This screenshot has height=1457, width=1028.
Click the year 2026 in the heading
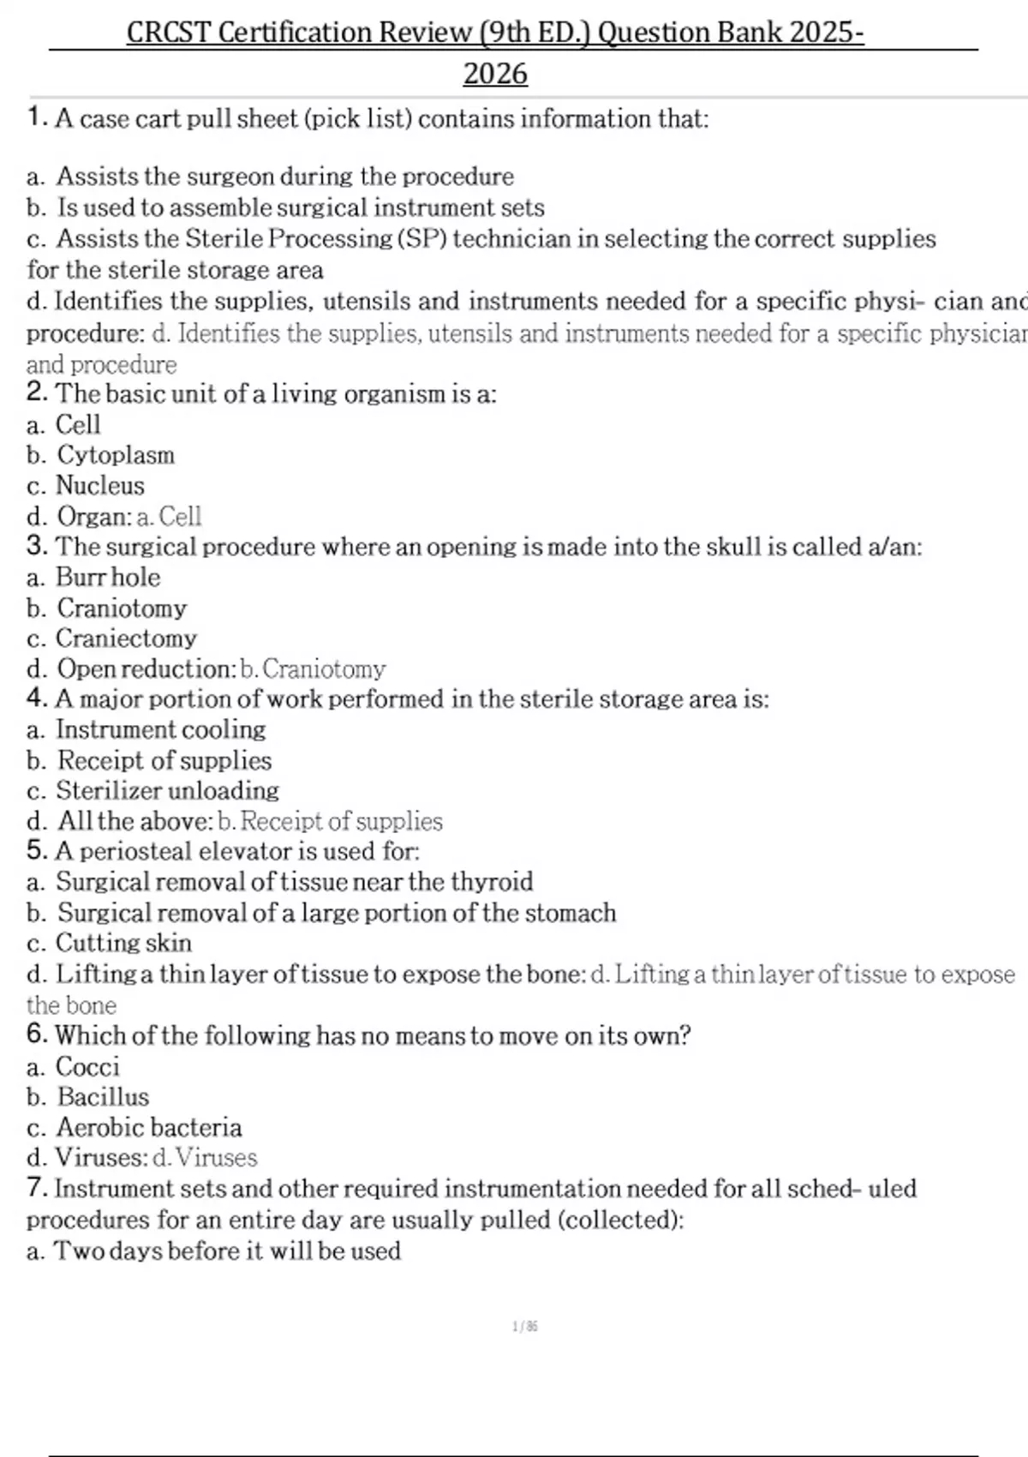(x=495, y=74)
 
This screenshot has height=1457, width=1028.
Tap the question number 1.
(x=36, y=117)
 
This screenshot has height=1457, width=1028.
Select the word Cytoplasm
(x=116, y=455)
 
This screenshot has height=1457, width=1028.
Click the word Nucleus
(x=100, y=485)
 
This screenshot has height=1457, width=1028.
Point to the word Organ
(x=93, y=516)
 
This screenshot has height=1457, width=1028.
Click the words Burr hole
(x=108, y=577)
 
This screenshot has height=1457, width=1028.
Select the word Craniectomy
(x=126, y=638)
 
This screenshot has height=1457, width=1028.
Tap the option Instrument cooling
(x=160, y=729)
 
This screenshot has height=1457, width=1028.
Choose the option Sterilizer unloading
(x=167, y=790)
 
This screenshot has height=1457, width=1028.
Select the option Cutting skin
(x=123, y=943)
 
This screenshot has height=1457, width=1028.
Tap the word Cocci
(x=87, y=1066)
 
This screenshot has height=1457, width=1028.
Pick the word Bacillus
(x=103, y=1097)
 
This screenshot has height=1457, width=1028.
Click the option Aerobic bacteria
(x=149, y=1127)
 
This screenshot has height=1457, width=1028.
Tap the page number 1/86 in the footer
(x=524, y=1327)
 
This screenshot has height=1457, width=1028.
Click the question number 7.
(x=36, y=1188)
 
